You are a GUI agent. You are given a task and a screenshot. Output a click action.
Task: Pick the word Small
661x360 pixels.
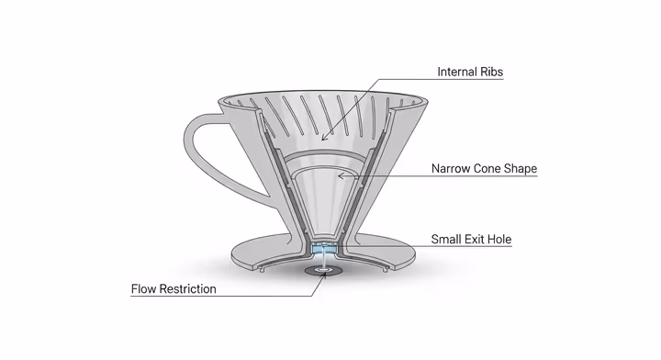pyautogui.click(x=449, y=240)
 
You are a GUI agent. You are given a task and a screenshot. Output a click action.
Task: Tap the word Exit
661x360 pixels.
pyautogui.click(x=482, y=240)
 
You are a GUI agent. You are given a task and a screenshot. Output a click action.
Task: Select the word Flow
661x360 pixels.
pyautogui.click(x=146, y=289)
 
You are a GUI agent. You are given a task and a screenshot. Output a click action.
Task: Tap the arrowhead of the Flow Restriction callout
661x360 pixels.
pyautogui.click(x=320, y=275)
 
